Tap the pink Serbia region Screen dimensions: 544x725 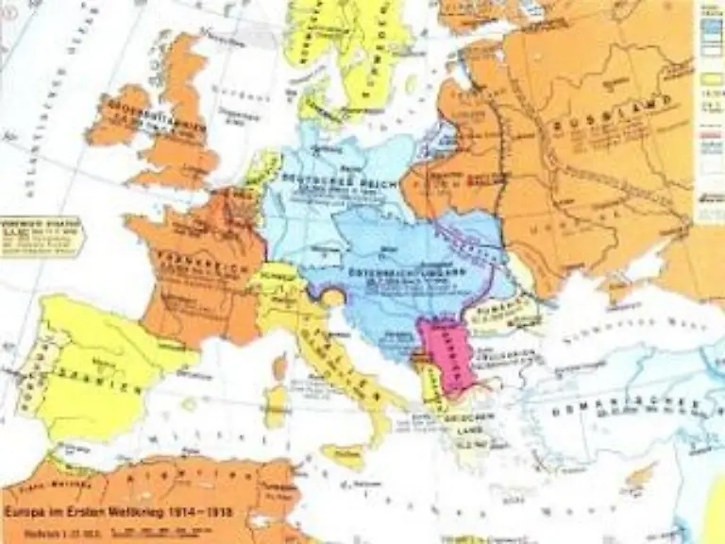(x=444, y=354)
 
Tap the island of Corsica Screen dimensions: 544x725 (x=280, y=365)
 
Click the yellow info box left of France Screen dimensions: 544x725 (x=41, y=236)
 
